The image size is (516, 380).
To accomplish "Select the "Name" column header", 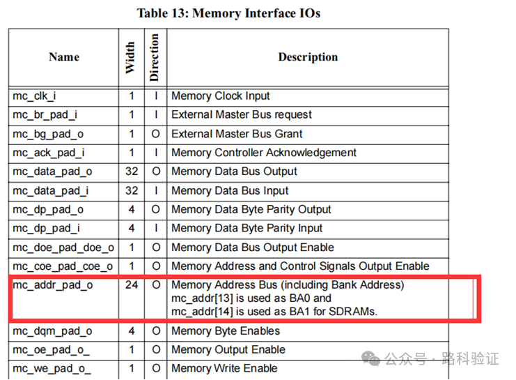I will tap(64, 57).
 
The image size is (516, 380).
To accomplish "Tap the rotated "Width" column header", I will tap(130, 58).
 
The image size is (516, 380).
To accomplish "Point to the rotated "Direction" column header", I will tap(155, 57).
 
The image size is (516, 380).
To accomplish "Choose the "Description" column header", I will tap(308, 57).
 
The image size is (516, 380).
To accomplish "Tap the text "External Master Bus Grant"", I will tap(237, 134).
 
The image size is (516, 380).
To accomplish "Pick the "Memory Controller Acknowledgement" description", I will tap(264, 153).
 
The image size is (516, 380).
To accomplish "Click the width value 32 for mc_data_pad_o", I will tap(131, 172).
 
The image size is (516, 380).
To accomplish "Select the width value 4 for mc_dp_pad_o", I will tap(131, 209).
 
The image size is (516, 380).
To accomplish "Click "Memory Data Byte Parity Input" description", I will tap(247, 228).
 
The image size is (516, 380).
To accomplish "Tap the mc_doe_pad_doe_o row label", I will tap(63, 248).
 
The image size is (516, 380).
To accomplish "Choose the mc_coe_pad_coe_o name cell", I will tap(63, 266).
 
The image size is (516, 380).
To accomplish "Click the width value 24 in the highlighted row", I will tap(131, 285).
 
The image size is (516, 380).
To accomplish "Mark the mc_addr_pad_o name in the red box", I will tap(52, 285).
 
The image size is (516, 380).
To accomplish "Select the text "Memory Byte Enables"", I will tap(226, 331).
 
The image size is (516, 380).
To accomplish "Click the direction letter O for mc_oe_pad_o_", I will tap(155, 350).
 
